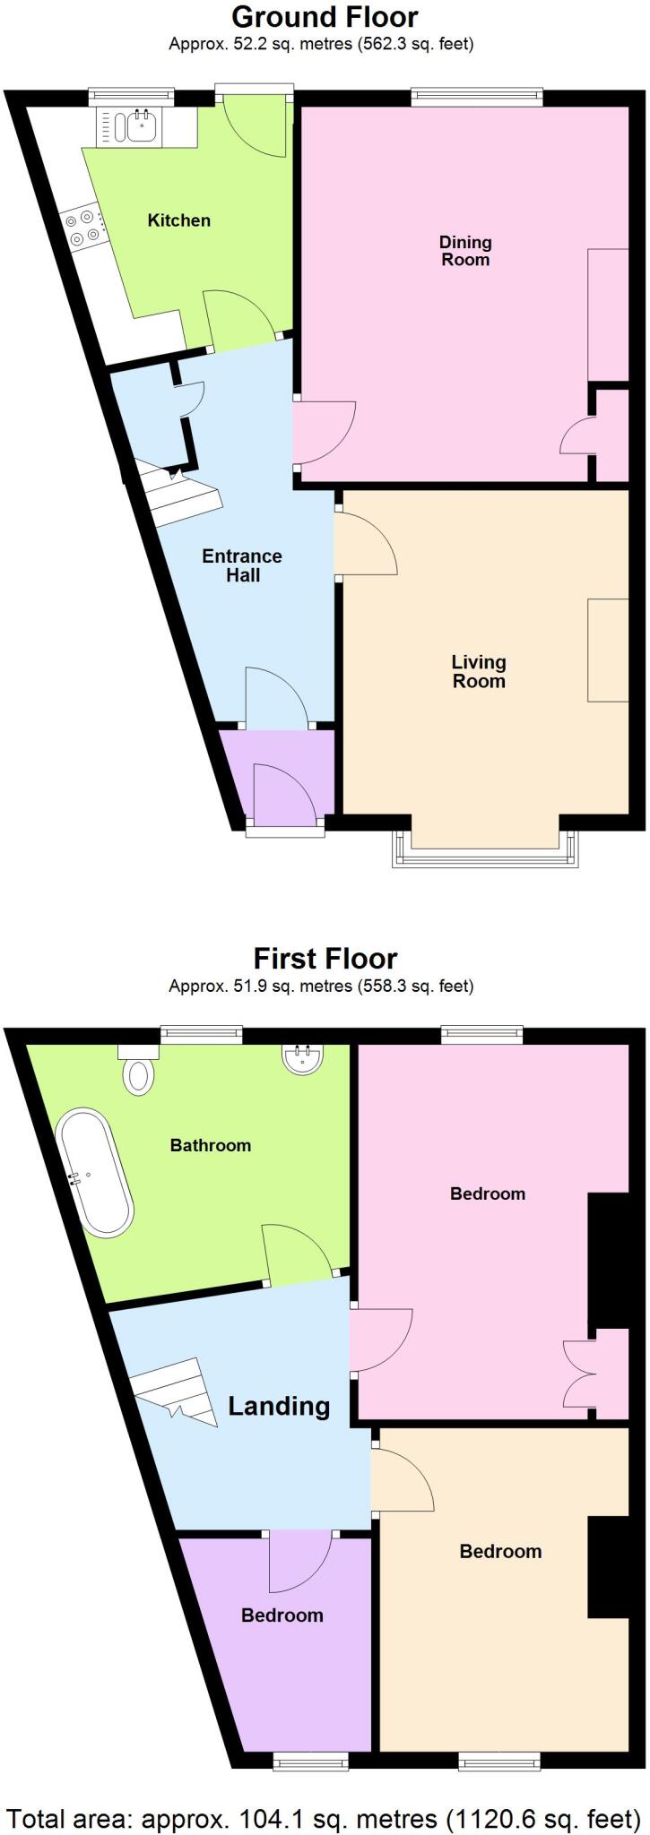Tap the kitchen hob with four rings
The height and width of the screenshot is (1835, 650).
click(x=82, y=227)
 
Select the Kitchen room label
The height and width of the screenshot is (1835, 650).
click(x=178, y=220)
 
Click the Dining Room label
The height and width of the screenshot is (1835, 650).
click(x=465, y=251)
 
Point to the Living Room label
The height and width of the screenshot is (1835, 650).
click(x=478, y=671)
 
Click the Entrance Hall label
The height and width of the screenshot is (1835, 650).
click(x=242, y=565)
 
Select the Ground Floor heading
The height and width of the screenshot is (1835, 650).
click(x=325, y=16)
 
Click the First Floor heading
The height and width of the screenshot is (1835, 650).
click(x=325, y=959)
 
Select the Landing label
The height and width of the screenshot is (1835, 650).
click(x=279, y=1406)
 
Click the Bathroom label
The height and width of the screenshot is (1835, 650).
click(x=211, y=1145)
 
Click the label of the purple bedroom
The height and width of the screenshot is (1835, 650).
click(x=282, y=1615)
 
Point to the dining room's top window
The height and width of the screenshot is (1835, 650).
click(x=476, y=97)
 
